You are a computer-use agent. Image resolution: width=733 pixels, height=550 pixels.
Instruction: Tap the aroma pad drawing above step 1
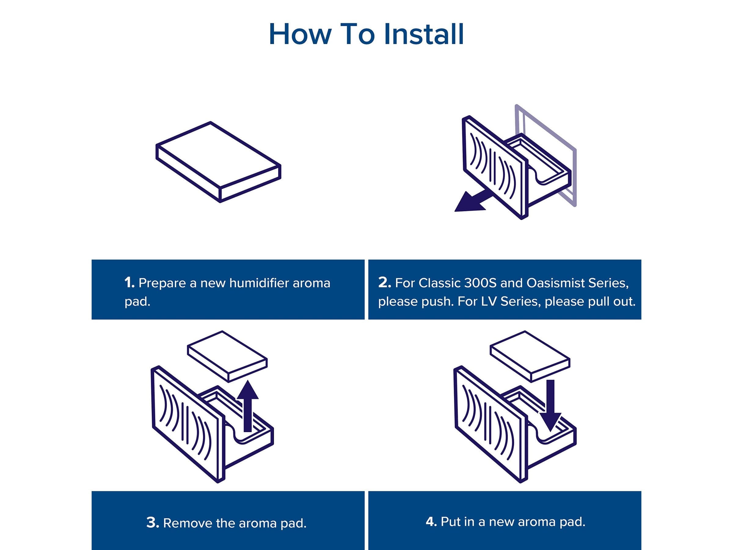pyautogui.click(x=219, y=162)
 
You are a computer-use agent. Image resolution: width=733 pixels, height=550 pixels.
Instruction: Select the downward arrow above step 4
pyautogui.click(x=550, y=405)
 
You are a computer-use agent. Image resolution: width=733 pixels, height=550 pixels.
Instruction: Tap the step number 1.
pyautogui.click(x=129, y=283)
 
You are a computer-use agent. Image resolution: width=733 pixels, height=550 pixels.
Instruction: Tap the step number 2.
pyautogui.click(x=385, y=282)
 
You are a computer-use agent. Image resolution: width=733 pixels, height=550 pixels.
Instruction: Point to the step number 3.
pyautogui.click(x=153, y=522)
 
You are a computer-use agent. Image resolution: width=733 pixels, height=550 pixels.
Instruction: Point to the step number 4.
pyautogui.click(x=431, y=522)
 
